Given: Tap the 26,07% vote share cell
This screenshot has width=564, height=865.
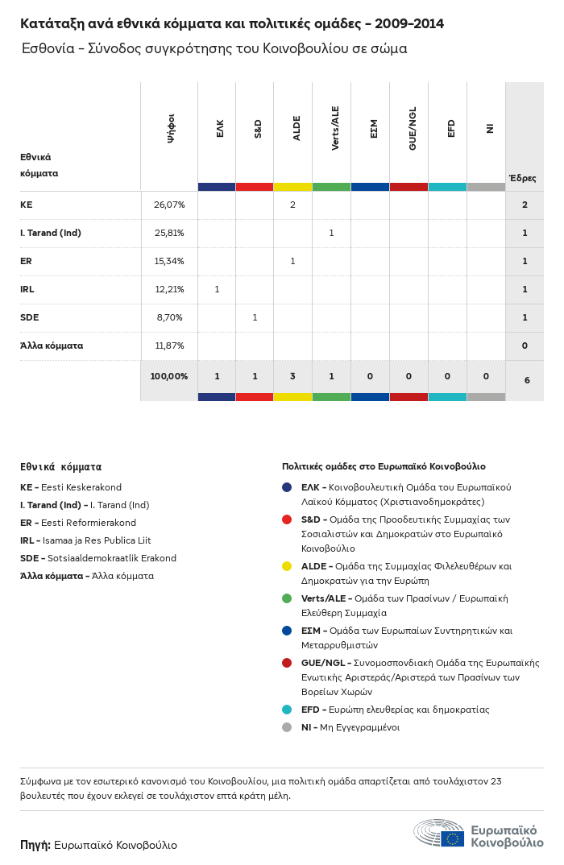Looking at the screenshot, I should [169, 205].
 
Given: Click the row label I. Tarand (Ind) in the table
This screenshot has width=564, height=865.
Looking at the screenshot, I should [51, 233].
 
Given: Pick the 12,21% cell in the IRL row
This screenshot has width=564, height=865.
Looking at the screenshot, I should [169, 289].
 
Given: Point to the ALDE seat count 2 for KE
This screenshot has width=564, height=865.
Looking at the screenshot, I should [292, 205].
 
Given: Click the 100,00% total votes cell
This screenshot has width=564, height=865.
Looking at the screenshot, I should [169, 376].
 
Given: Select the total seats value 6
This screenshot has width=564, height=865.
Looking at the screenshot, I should [526, 379].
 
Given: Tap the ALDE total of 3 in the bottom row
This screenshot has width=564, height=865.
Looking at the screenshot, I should [292, 376].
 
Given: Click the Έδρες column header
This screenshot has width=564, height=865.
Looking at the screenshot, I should [523, 178].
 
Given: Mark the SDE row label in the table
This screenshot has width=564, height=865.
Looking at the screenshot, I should [29, 317].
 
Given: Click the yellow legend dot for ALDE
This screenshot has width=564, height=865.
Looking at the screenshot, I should [287, 566].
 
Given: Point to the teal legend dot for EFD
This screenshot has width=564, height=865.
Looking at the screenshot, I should [287, 710].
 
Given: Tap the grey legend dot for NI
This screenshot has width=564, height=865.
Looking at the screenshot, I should [287, 727].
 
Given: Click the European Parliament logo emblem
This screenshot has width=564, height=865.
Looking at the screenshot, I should [438, 834].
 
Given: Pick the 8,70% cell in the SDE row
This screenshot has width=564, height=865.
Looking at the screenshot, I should [169, 317].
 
